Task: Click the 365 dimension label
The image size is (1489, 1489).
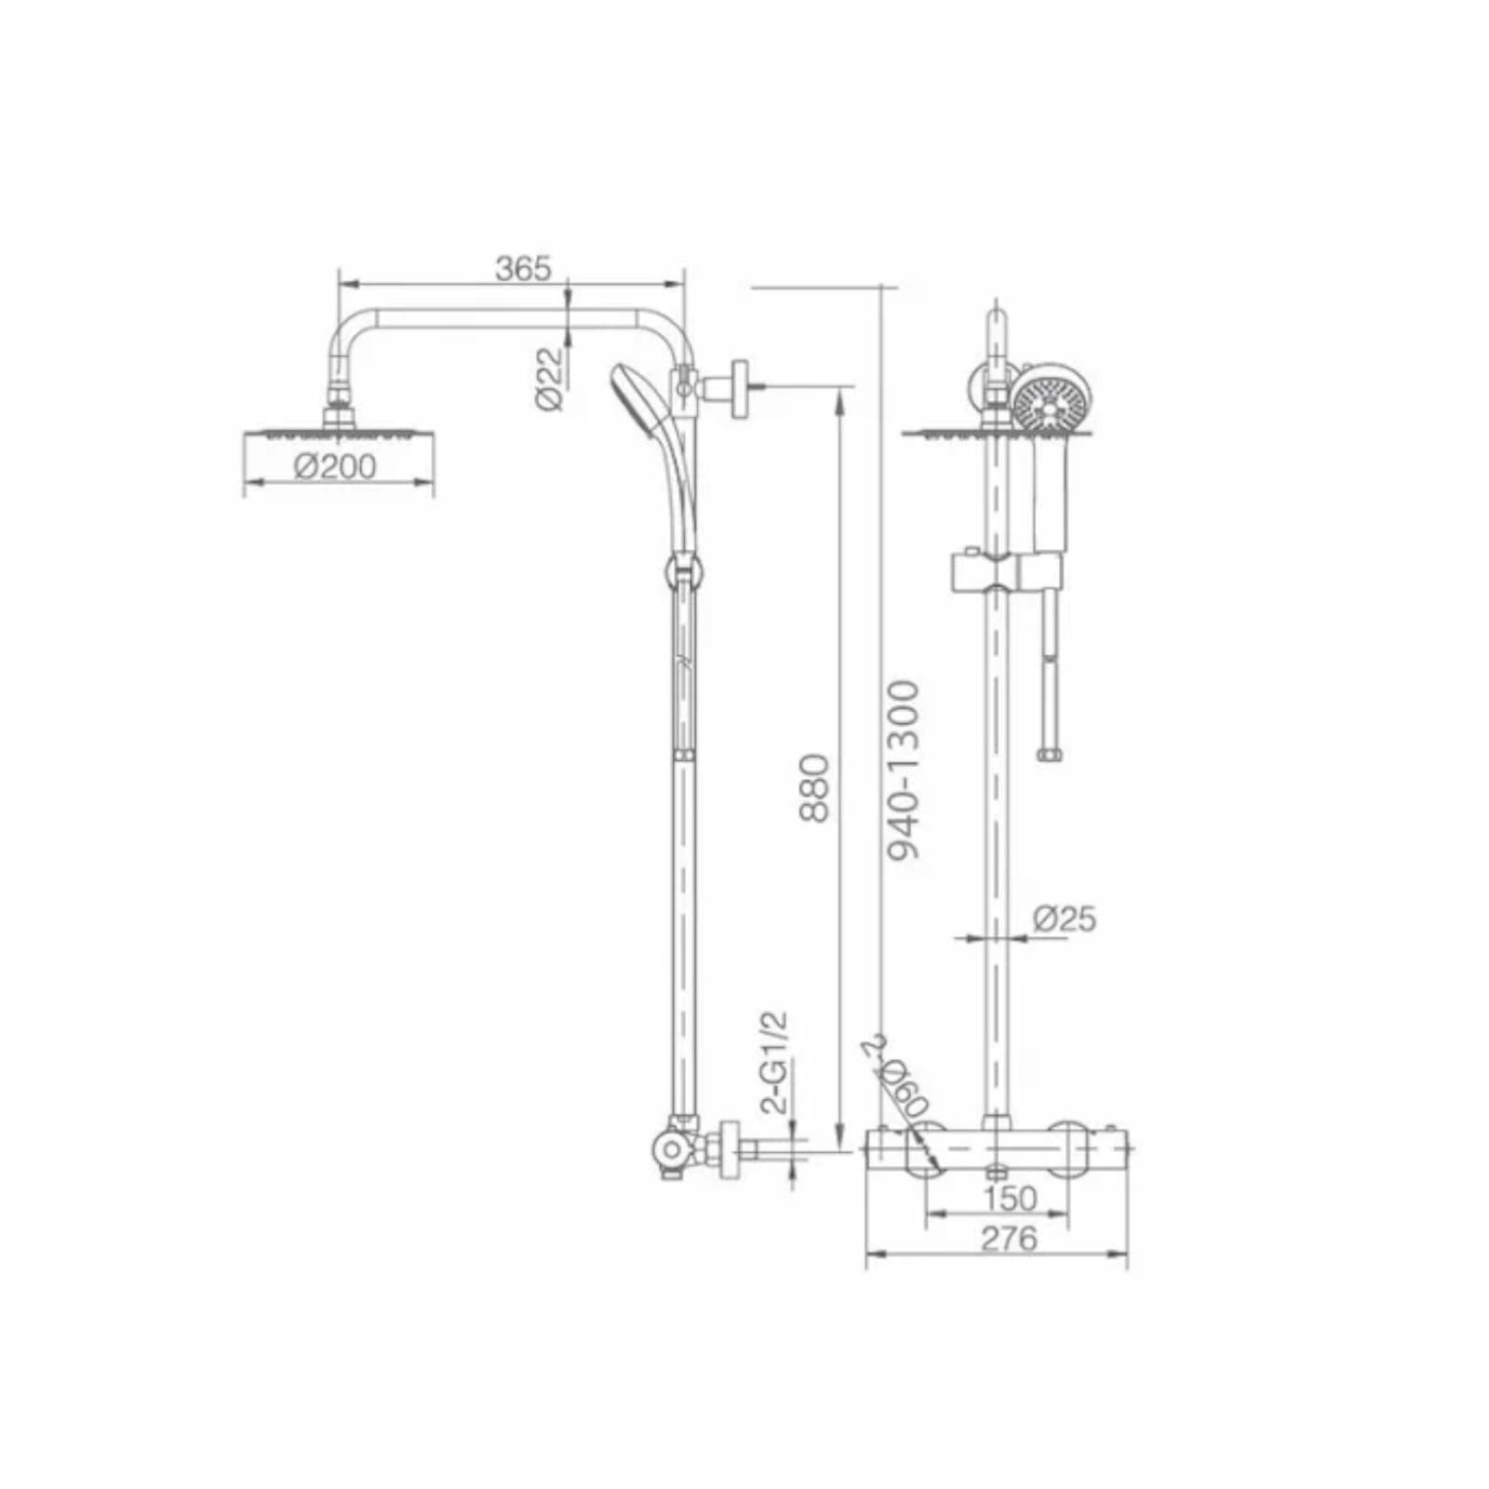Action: pyautogui.click(x=523, y=268)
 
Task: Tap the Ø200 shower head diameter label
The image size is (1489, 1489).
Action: pyautogui.click(x=335, y=465)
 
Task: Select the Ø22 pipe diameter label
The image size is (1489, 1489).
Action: pyautogui.click(x=550, y=378)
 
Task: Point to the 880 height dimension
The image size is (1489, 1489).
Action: pyautogui.click(x=813, y=787)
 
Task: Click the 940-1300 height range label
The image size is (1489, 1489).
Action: pyautogui.click(x=902, y=771)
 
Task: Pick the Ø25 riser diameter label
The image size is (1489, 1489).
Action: pyautogui.click(x=1065, y=919)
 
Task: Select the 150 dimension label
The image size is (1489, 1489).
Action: pyautogui.click(x=1011, y=1199)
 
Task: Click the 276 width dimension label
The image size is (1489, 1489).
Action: pyautogui.click(x=1010, y=1238)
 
